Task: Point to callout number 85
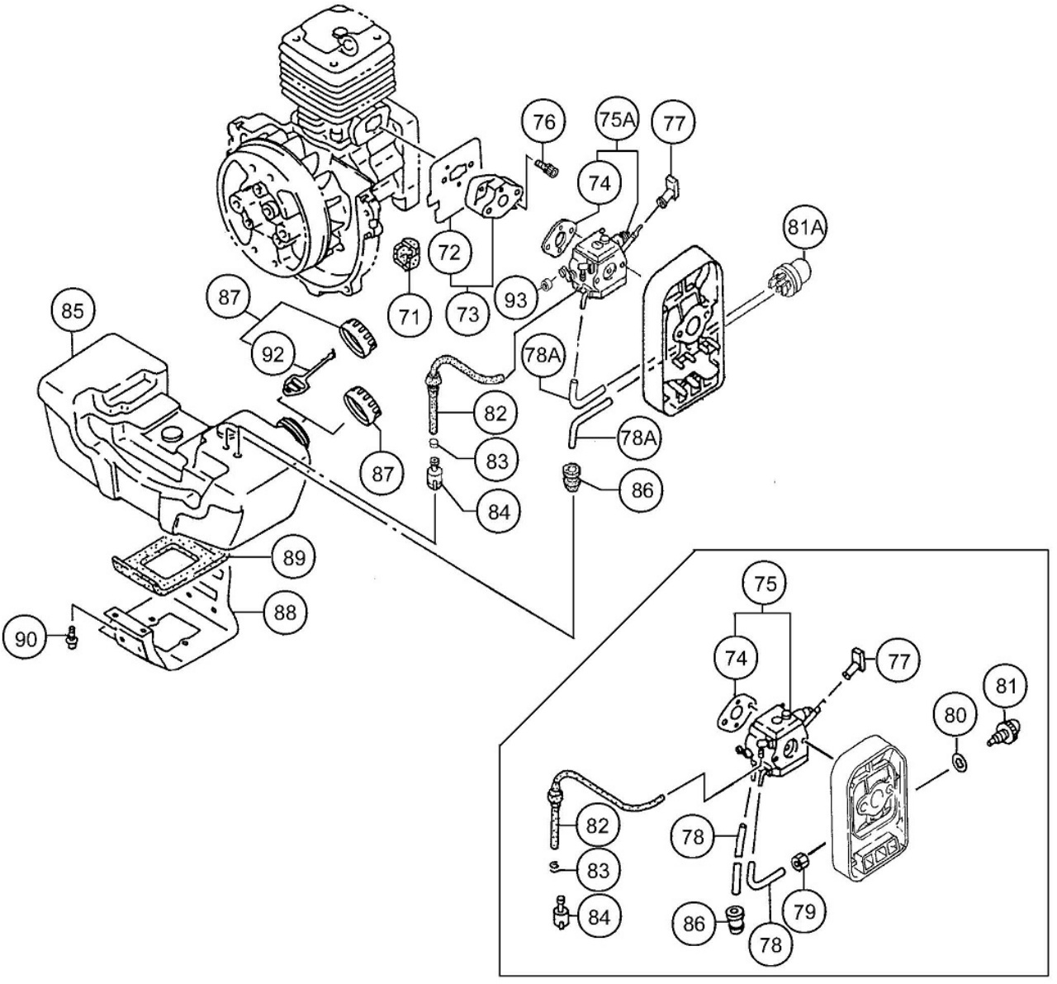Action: (73, 312)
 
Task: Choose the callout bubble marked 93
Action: (516, 300)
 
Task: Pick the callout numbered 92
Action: (273, 355)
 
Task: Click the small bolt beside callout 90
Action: (71, 637)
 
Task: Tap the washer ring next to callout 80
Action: (959, 760)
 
